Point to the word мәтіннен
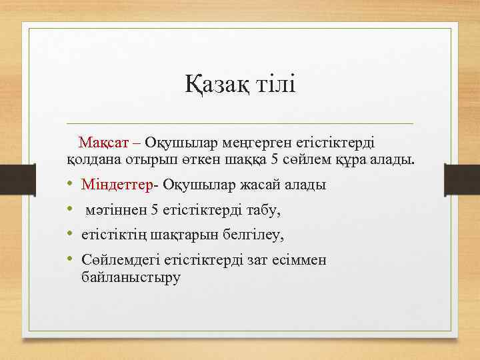point(117,210)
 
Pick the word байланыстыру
point(130,276)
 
